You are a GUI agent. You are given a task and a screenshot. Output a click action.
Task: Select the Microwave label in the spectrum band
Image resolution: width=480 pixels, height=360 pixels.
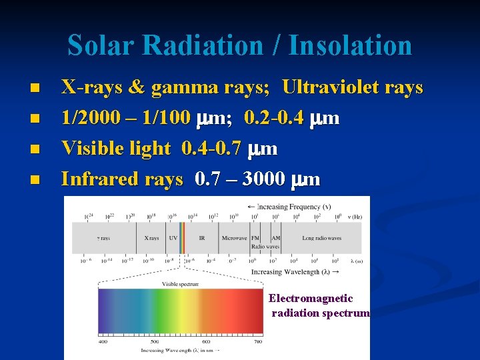coord(234,238)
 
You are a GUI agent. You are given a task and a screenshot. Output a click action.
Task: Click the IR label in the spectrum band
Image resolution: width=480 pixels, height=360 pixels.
coord(202,238)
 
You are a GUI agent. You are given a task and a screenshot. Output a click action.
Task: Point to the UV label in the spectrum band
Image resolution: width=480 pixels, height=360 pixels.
coord(173,238)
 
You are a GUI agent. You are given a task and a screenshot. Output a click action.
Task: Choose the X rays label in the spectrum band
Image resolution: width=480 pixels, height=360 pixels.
coord(151,238)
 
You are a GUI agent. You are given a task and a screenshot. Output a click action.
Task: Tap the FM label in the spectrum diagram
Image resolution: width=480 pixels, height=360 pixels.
coord(255,238)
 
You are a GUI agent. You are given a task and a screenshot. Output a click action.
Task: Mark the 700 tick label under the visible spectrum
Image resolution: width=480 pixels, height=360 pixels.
coord(259,341)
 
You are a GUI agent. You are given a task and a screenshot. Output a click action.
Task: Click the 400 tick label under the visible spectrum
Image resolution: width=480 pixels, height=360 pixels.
coord(103,341)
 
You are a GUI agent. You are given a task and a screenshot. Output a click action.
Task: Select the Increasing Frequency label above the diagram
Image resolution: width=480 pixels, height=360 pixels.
coord(294,206)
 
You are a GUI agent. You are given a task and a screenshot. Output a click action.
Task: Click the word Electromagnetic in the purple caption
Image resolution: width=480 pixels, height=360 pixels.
coord(311,299)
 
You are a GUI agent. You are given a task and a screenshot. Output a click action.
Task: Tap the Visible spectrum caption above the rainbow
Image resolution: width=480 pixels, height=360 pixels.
coord(180,284)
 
